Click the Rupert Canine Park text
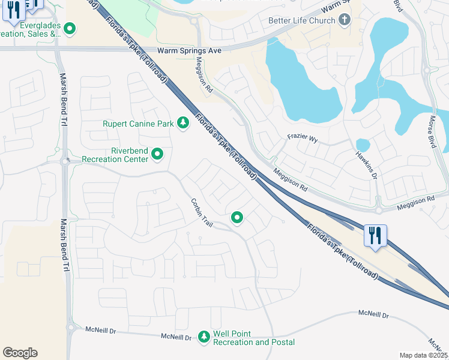[137, 124]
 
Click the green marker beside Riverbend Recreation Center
[158, 155]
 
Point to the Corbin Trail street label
[202, 212]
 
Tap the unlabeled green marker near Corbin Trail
[237, 218]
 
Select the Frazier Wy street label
[302, 137]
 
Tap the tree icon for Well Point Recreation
[204, 337]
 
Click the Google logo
[20, 353]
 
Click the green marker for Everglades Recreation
[70, 28]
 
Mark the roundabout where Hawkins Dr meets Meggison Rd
[379, 210]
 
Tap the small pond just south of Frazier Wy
[363, 145]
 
